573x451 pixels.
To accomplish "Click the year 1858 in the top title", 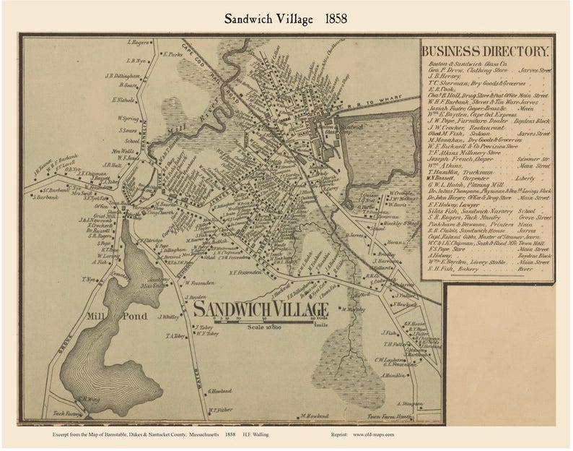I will tap(338, 18).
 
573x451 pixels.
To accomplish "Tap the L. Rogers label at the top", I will tap(139, 42).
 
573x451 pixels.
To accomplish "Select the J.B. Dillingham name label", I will tap(121, 74).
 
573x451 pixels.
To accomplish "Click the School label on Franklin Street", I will tap(131, 141).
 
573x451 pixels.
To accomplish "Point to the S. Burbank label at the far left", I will tap(46, 197).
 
